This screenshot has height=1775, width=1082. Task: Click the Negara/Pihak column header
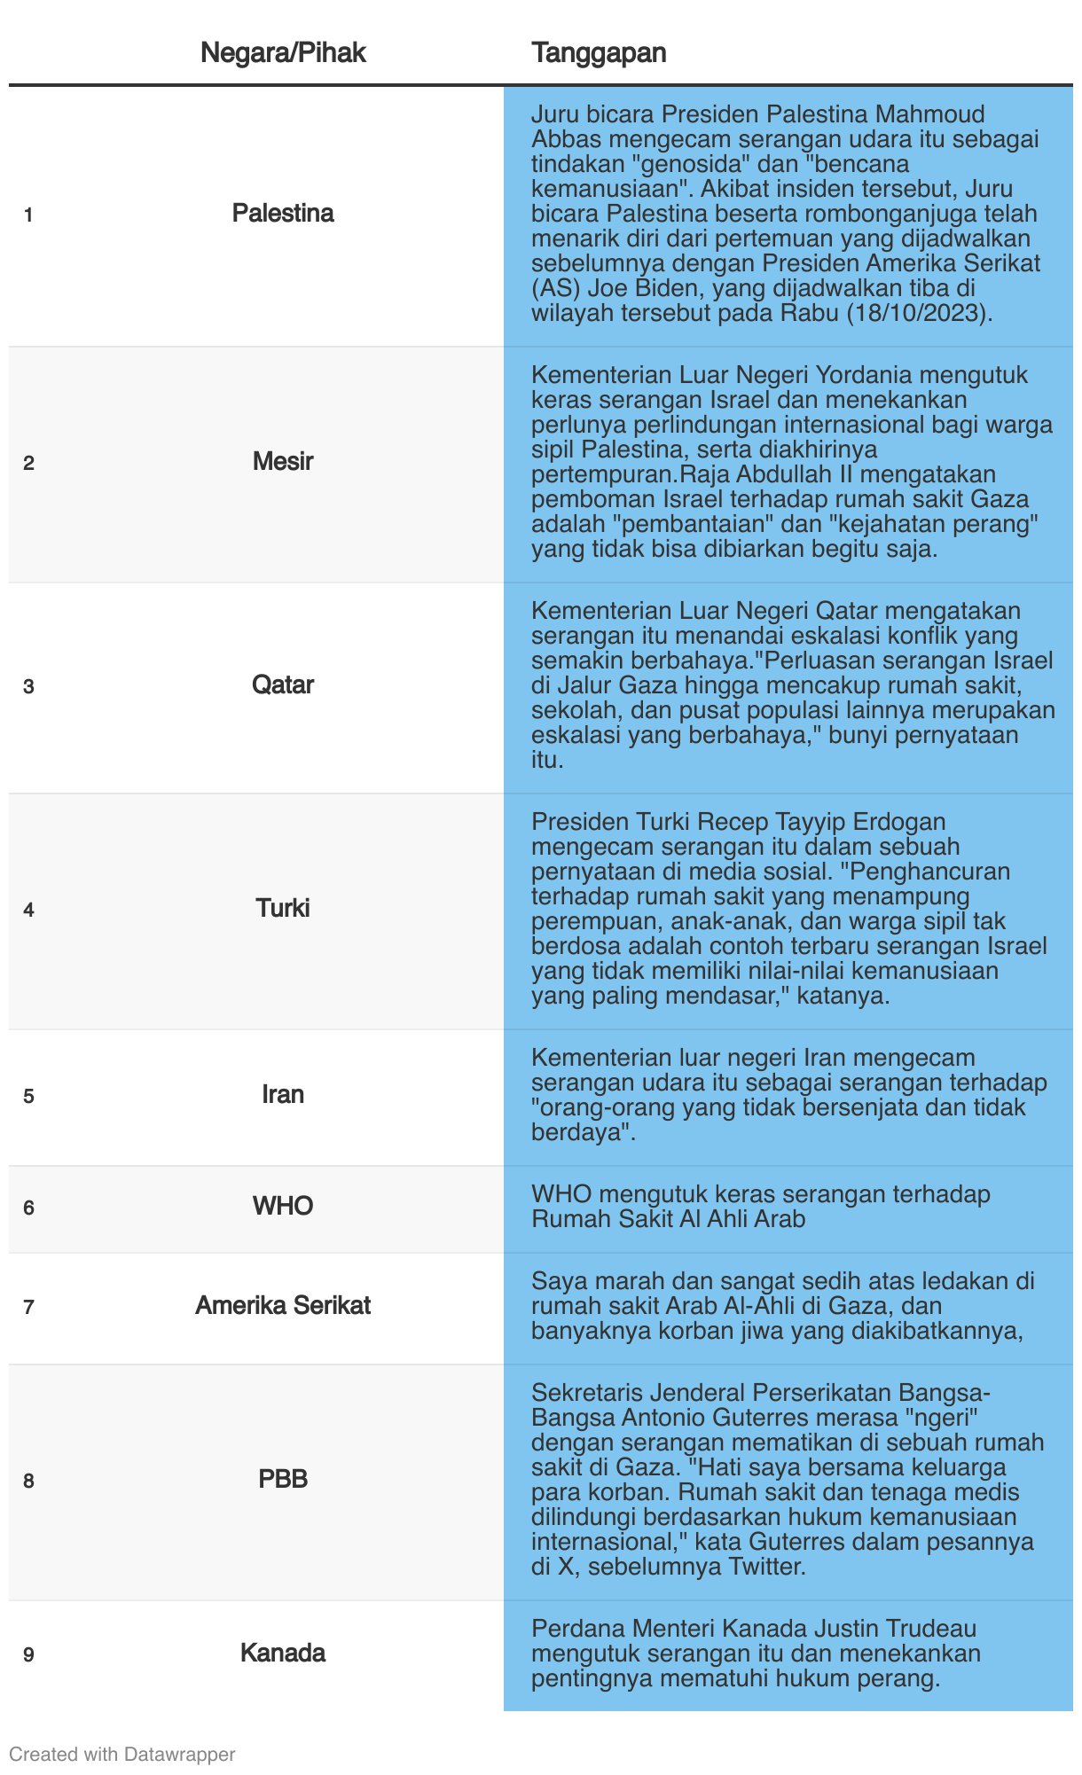coord(283,53)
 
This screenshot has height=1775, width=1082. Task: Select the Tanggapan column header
coord(599,53)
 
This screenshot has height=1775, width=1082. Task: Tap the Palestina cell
coord(283,214)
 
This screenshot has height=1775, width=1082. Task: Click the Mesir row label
coord(283,462)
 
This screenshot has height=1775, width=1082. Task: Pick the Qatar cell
coord(283,685)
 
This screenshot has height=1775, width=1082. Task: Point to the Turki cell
coord(283,909)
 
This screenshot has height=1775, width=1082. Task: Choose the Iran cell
coord(283,1095)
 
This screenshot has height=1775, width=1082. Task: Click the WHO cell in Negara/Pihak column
coord(283,1207)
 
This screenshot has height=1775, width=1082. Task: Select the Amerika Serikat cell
coord(283,1306)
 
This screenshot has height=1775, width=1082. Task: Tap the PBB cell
coord(283,1480)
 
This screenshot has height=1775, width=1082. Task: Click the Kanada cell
coord(283,1654)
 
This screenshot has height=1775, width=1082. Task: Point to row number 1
coord(28,215)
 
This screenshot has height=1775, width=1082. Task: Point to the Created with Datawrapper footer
coord(122,1754)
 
